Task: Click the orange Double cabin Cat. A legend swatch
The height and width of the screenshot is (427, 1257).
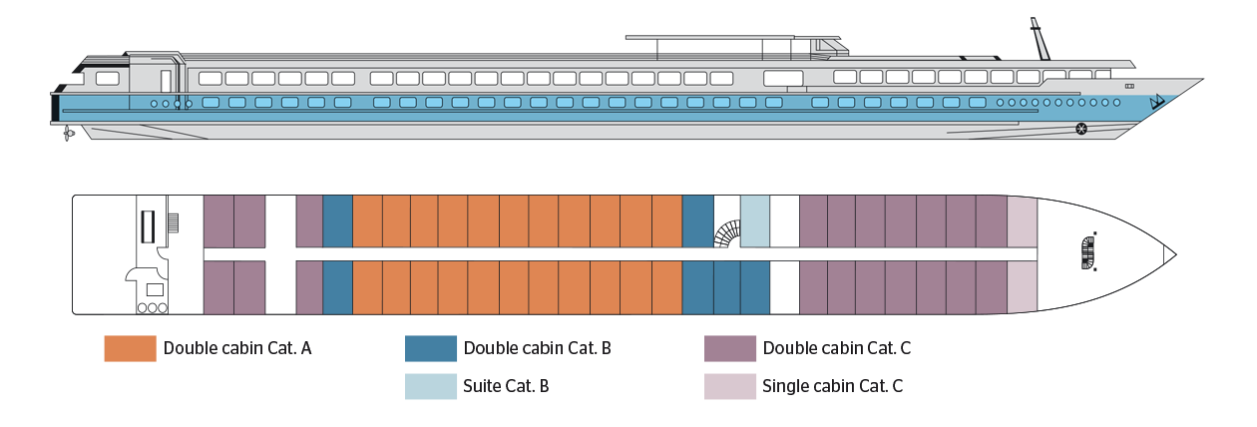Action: (x=130, y=348)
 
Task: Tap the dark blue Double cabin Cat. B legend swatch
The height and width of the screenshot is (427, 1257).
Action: (x=431, y=348)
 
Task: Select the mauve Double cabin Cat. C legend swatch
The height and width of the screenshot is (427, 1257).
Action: (x=730, y=348)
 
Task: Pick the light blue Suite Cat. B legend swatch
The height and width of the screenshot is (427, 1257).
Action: (x=431, y=385)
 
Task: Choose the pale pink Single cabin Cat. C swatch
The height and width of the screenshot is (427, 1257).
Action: (x=730, y=385)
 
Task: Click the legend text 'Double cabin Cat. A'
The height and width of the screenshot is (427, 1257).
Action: (x=238, y=348)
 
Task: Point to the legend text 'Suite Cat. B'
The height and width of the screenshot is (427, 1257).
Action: (x=508, y=385)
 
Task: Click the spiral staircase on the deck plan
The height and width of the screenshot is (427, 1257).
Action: (x=727, y=235)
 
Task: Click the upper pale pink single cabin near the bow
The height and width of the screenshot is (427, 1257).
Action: (x=1023, y=221)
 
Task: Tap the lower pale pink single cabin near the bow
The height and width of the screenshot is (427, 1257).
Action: (x=1023, y=288)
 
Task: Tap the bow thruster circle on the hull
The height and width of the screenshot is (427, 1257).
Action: (x=1080, y=128)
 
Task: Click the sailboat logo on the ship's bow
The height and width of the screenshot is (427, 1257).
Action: (x=1157, y=101)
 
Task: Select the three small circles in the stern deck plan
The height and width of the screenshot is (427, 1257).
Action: (x=152, y=307)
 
